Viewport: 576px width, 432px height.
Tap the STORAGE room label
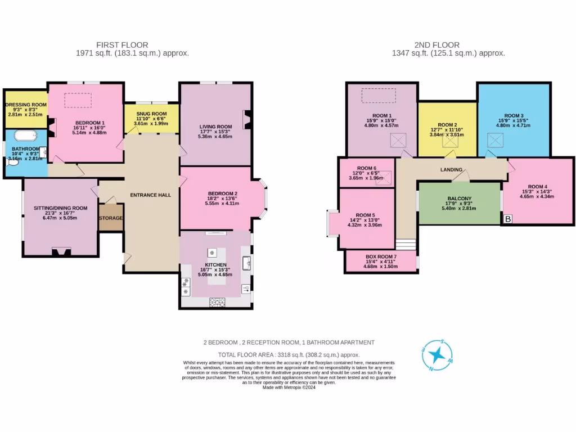[111, 218]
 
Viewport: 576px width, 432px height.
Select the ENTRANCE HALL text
[150, 195]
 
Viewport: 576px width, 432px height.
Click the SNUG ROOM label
[151, 114]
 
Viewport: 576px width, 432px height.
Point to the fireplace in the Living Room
[246, 119]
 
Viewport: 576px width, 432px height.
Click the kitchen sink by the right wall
[246, 262]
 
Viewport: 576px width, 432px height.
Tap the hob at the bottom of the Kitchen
[216, 302]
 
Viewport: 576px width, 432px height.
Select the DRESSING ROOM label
[26, 105]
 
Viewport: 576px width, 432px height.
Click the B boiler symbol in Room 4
[508, 218]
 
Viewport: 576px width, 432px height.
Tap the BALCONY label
[459, 199]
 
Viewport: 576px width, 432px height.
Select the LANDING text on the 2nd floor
[452, 169]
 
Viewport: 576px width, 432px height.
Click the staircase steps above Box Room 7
[406, 244]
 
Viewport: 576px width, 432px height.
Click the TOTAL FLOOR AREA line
[289, 355]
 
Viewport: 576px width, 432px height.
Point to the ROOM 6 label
[366, 168]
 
